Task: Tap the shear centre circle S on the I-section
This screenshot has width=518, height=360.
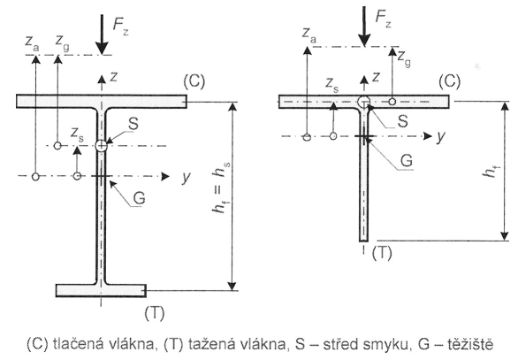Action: click(101, 145)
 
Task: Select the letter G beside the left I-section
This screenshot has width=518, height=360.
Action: click(139, 197)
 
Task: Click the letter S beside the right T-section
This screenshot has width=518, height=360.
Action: click(402, 120)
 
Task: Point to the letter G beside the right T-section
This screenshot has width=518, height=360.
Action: click(407, 161)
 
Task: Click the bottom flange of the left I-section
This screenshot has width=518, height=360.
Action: click(101, 291)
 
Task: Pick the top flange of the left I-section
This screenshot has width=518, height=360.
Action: click(102, 101)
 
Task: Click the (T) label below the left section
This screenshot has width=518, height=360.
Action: click(155, 313)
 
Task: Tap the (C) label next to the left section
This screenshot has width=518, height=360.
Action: click(194, 81)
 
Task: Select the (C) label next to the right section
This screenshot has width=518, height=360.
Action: click(449, 81)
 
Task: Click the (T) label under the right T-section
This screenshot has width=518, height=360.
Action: click(382, 253)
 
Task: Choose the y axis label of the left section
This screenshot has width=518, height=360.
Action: click(187, 177)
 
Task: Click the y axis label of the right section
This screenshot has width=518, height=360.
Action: click(441, 136)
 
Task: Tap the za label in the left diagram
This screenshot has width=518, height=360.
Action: click(32, 42)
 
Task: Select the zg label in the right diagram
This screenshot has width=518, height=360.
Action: click(404, 58)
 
